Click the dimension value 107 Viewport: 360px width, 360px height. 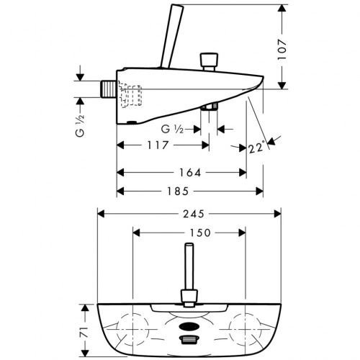click(x=288, y=48)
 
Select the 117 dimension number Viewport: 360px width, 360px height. click(x=158, y=145)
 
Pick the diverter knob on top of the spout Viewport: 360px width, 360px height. click(x=210, y=58)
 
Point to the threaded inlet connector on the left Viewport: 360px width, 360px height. click(x=107, y=89)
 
